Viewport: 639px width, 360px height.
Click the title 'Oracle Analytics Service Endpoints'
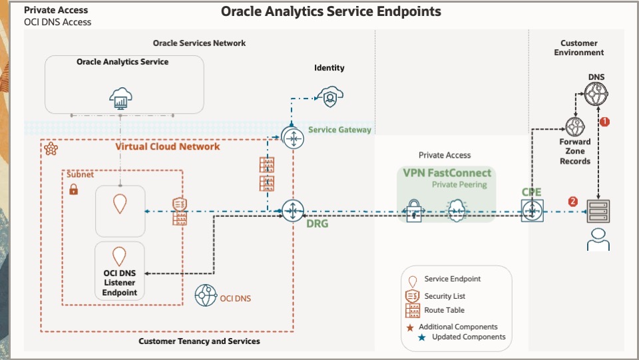pos(331,12)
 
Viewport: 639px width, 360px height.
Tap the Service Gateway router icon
pos(292,138)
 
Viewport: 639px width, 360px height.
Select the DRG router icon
pos(292,211)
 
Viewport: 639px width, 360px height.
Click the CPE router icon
pos(532,212)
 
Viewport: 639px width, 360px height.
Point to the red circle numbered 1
pos(604,122)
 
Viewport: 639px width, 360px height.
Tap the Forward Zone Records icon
pos(574,127)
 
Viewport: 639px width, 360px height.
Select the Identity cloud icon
pos(329,96)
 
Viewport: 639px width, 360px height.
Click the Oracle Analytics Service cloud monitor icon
pos(120,100)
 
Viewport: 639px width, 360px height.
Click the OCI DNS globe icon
pos(206,296)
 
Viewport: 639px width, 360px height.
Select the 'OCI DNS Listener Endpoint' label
pos(119,283)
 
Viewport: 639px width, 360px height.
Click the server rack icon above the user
pos(598,212)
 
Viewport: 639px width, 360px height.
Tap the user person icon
pos(598,240)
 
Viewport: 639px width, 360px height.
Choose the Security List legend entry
pos(444,295)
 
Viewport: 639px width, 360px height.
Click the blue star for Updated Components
pos(421,337)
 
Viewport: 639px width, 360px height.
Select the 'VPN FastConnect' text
pos(447,173)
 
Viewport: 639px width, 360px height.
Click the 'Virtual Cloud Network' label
pos(168,146)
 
